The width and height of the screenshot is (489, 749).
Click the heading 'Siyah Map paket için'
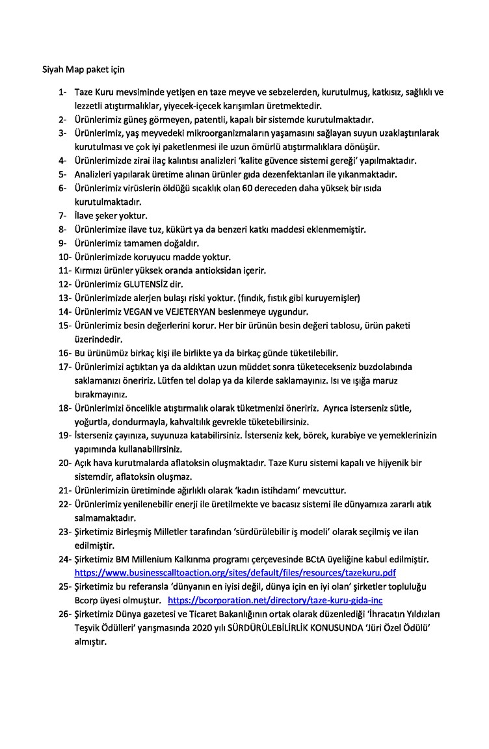79,68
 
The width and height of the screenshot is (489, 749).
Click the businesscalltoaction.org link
235,573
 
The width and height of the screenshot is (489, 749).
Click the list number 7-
63,215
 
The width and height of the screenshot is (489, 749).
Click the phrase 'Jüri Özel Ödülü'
398,627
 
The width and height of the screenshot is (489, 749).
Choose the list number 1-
63,92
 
